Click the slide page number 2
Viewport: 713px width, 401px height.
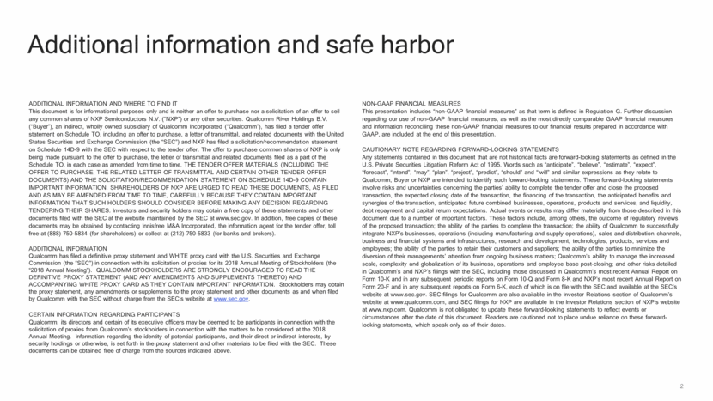pos(681,386)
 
